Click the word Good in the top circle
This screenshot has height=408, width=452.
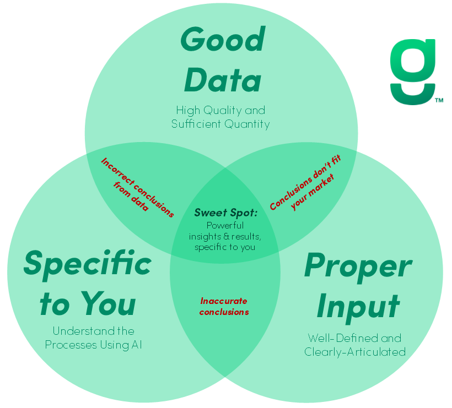click(x=223, y=40)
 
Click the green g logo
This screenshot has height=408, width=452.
click(x=412, y=72)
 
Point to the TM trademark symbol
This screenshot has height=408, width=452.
click(x=439, y=101)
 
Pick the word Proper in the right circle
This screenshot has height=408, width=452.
click(x=357, y=266)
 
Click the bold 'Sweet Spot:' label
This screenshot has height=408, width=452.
click(x=226, y=213)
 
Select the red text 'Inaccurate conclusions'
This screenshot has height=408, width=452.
click(x=224, y=307)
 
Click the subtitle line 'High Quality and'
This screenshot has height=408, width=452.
click(x=220, y=110)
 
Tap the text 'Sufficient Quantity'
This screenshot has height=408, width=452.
click(x=220, y=124)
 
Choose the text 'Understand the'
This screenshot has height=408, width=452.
click(x=93, y=331)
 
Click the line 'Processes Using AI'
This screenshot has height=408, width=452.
click(x=93, y=345)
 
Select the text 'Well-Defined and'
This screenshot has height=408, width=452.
click(x=354, y=338)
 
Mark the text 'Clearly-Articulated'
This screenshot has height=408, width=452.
click(x=355, y=351)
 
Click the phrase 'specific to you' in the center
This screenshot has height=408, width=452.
click(x=225, y=247)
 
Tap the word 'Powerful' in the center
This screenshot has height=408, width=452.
click(x=225, y=225)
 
